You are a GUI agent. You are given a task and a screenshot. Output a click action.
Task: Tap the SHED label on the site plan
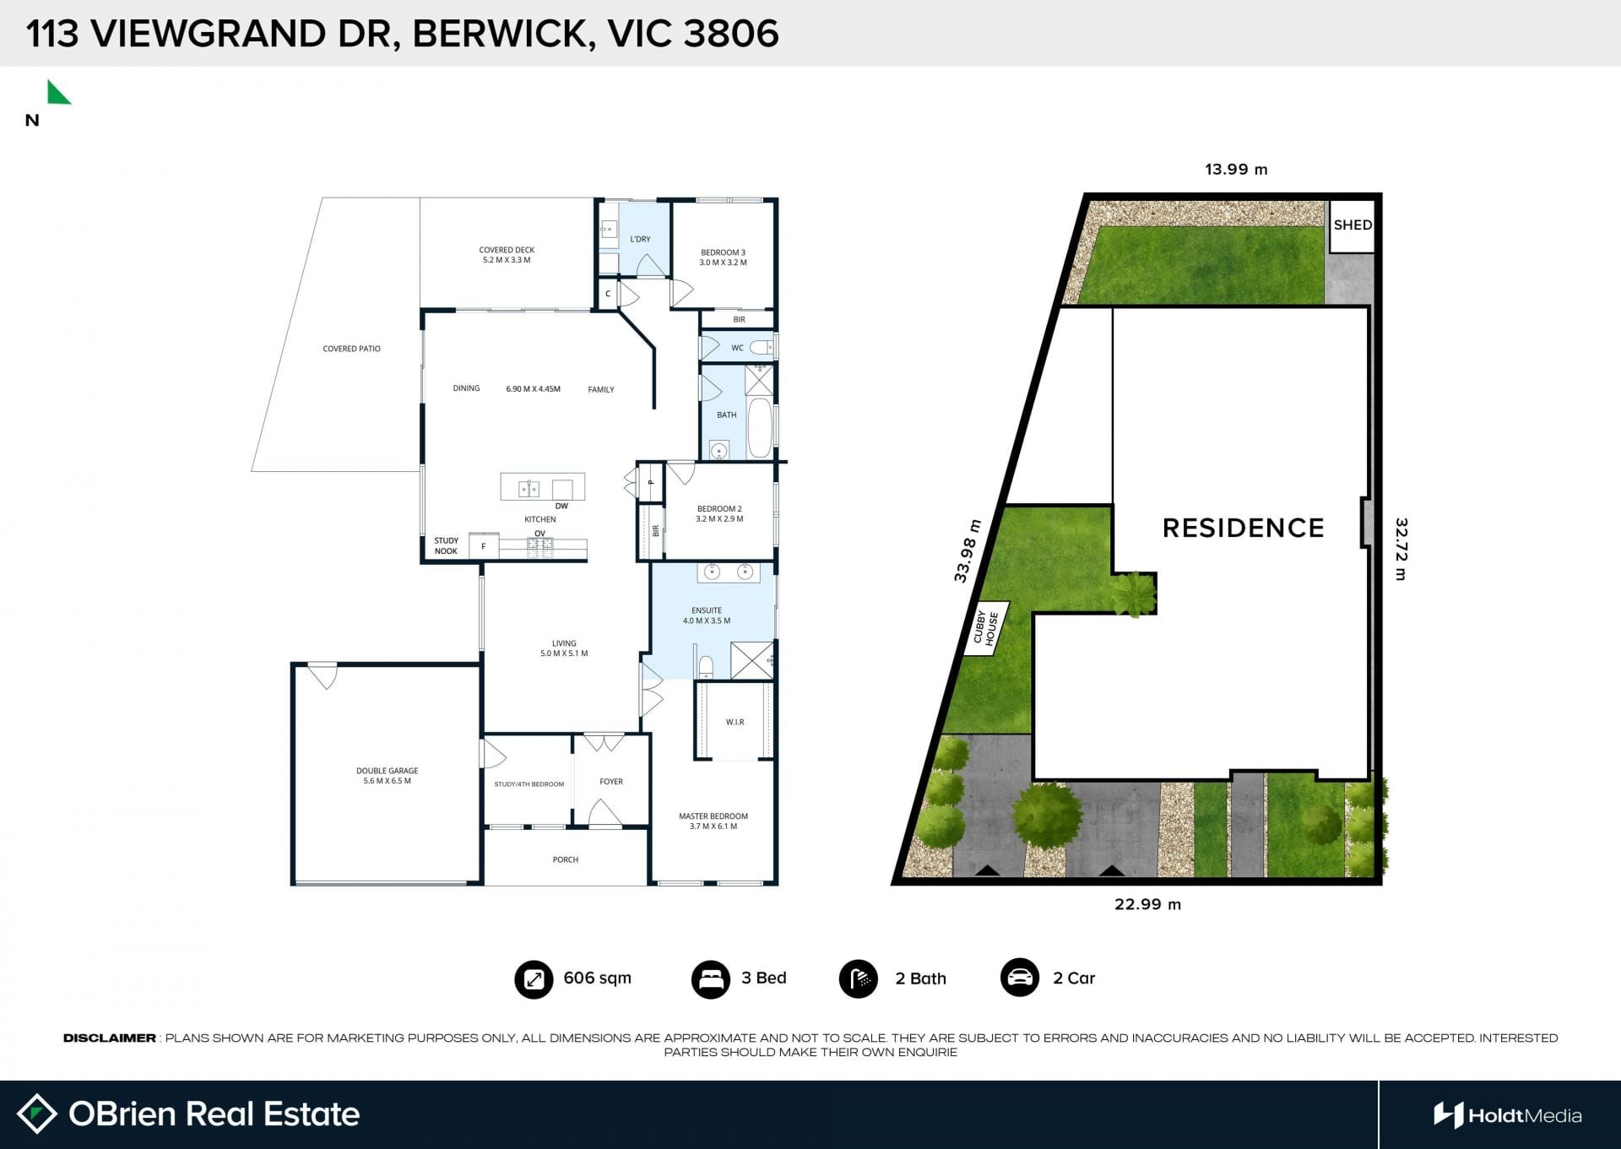pyautogui.click(x=1353, y=225)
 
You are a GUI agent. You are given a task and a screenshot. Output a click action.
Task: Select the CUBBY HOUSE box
pyautogui.click(x=985, y=629)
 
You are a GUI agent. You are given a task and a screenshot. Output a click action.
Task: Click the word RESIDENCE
pyautogui.click(x=1243, y=528)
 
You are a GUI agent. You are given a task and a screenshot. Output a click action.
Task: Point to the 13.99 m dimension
pyautogui.click(x=1236, y=170)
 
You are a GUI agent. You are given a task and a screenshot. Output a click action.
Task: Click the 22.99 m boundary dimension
pyautogui.click(x=1147, y=904)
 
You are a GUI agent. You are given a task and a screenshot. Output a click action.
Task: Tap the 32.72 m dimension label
pyautogui.click(x=1401, y=550)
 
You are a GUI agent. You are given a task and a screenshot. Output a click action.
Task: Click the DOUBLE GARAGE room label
pyautogui.click(x=387, y=776)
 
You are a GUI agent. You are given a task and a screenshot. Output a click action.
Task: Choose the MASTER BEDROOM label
pyautogui.click(x=713, y=821)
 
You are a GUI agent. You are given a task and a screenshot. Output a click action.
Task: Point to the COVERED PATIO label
pyautogui.click(x=351, y=349)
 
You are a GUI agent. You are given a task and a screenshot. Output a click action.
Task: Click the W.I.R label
pyautogui.click(x=735, y=722)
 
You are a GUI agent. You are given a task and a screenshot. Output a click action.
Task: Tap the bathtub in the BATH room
pyautogui.click(x=760, y=427)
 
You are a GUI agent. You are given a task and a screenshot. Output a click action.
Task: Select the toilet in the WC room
pyautogui.click(x=761, y=347)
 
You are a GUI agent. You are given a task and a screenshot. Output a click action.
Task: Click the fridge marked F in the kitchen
pyautogui.click(x=484, y=546)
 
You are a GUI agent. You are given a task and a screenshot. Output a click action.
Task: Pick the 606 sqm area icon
pyautogui.click(x=534, y=979)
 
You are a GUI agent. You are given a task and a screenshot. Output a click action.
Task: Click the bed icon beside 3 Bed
pyautogui.click(x=710, y=979)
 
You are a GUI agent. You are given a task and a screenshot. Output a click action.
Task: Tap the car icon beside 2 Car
pyautogui.click(x=1020, y=978)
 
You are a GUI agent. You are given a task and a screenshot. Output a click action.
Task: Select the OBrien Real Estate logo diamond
pyautogui.click(x=36, y=1114)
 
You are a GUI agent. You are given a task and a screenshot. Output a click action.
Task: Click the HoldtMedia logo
pyautogui.click(x=1507, y=1115)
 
